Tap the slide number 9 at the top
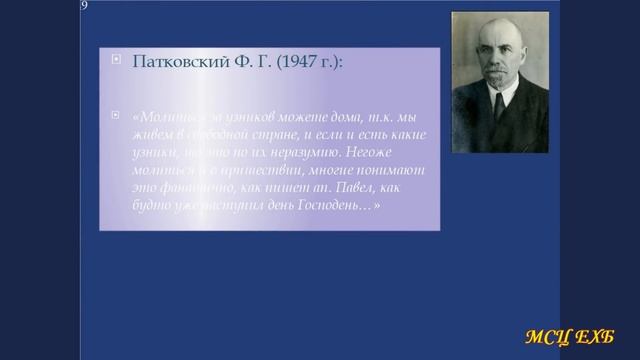point(84,6)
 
